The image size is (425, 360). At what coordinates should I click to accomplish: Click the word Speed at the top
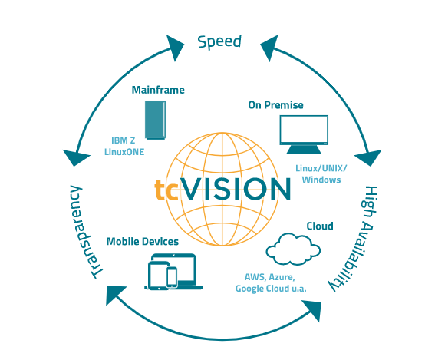tap(219, 42)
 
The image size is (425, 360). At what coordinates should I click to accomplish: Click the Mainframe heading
tap(158, 90)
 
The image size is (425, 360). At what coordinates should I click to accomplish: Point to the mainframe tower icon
tap(156, 120)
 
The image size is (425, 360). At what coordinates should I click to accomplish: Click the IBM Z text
tap(124, 140)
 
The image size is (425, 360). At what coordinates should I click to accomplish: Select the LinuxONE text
tap(124, 152)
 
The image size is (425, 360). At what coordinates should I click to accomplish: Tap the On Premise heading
tap(275, 105)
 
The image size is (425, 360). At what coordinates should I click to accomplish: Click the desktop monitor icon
tap(304, 134)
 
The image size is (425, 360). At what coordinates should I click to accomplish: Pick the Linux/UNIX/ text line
tap(321, 168)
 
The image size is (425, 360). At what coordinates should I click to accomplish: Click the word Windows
tap(321, 180)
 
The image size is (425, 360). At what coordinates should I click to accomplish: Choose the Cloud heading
tap(320, 226)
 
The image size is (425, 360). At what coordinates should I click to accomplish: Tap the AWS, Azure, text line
tap(270, 277)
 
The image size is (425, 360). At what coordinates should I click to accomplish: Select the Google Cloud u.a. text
tap(271, 289)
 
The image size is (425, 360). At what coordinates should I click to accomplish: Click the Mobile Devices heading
tap(143, 242)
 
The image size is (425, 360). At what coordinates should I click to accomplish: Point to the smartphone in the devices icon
tap(172, 276)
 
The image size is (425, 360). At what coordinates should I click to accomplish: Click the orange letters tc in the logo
tap(166, 190)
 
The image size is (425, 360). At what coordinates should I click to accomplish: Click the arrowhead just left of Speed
tap(175, 48)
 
